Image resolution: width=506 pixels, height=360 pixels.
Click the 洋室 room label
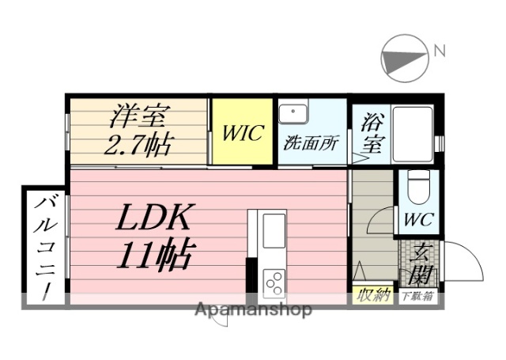(x=138, y=117)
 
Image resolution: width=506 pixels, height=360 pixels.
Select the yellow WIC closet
(x=241, y=133)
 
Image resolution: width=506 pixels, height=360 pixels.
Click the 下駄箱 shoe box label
(x=417, y=297)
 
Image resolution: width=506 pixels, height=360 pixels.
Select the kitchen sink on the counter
(x=274, y=231)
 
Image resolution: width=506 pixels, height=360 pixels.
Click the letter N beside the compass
(x=439, y=52)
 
